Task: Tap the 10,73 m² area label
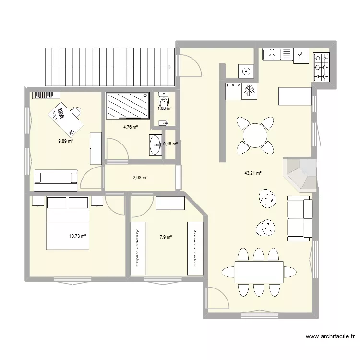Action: pos(77,236)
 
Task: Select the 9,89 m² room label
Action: pos(65,141)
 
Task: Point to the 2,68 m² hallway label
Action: pos(140,178)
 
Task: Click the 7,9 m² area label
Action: pos(165,236)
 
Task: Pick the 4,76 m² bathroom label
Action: pos(130,127)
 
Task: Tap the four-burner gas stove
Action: pos(322,66)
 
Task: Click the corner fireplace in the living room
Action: pos(301,174)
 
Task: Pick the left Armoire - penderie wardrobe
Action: pos(138,248)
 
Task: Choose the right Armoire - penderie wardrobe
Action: pos(194,248)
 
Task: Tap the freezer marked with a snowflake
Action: pos(249,91)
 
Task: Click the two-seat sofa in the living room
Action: pos(300,218)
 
